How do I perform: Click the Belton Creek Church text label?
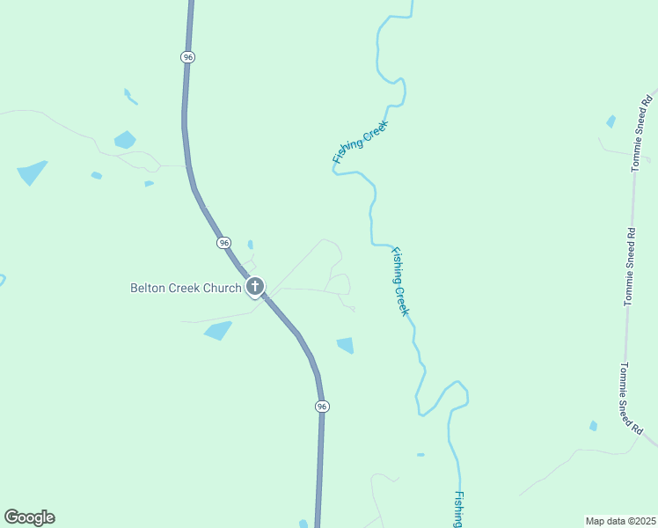coord(185,288)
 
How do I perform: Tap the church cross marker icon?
coord(255,286)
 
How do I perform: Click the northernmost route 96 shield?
coord(188,56)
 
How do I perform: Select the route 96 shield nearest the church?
coord(224,242)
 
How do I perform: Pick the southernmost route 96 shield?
coord(322,406)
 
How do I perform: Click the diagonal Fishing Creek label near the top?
coord(360,143)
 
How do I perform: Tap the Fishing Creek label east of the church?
coord(400,282)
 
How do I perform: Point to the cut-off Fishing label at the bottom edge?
coord(458,510)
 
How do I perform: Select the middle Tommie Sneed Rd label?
coord(630,267)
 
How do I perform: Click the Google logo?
coord(29,517)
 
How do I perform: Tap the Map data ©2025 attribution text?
coord(620,520)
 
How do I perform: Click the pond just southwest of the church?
coord(217,330)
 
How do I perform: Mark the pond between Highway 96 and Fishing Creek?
coord(346,345)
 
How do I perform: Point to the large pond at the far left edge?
coord(32,172)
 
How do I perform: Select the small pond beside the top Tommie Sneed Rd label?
coord(611,121)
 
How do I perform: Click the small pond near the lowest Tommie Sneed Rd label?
coord(594,426)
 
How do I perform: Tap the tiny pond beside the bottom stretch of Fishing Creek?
coord(420,455)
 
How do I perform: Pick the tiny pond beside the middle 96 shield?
coord(251,245)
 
